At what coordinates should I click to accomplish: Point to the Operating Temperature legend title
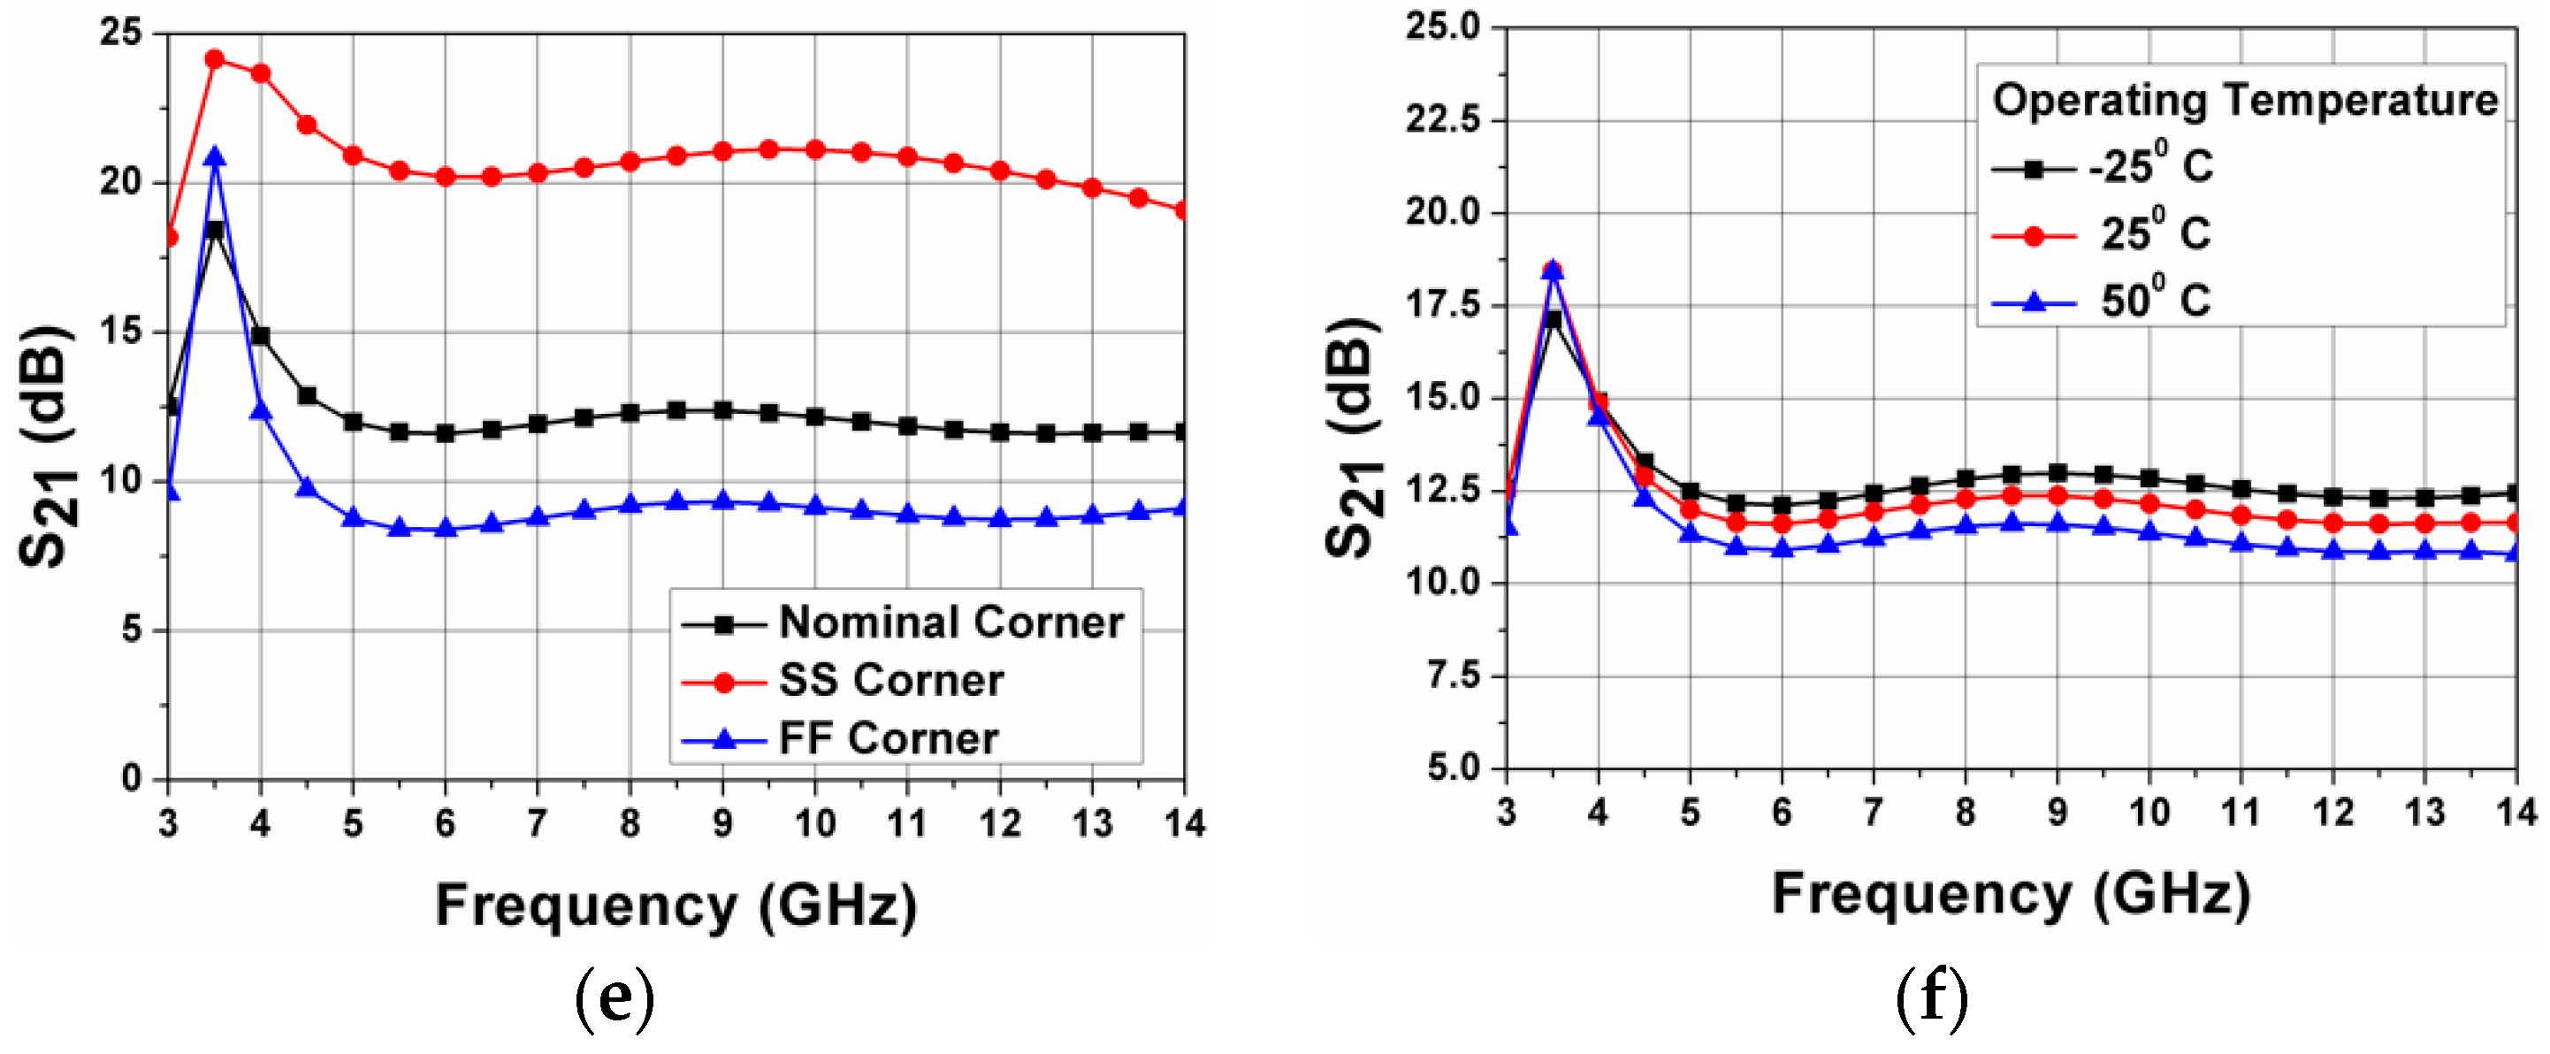pyautogui.click(x=2244, y=100)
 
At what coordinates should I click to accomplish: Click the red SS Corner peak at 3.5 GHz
pyautogui.click(x=215, y=59)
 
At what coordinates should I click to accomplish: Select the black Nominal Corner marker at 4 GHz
pyautogui.click(x=260, y=337)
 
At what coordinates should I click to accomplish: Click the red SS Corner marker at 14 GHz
pyautogui.click(x=1182, y=210)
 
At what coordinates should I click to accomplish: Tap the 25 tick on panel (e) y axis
pyautogui.click(x=122, y=33)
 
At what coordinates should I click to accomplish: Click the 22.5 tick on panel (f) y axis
pyautogui.click(x=1443, y=119)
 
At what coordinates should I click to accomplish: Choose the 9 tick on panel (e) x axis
pyautogui.click(x=722, y=822)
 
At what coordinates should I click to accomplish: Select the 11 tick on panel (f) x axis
pyautogui.click(x=2241, y=813)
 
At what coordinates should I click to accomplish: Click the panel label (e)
pyautogui.click(x=615, y=999)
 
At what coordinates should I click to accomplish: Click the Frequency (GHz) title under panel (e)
pyautogui.click(x=676, y=905)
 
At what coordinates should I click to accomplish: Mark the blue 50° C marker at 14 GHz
pyautogui.click(x=2515, y=553)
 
